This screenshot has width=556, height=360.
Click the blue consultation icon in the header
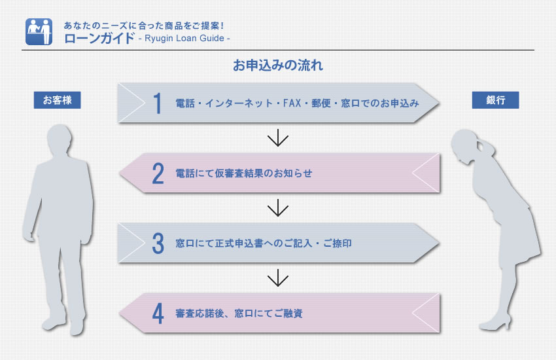39,32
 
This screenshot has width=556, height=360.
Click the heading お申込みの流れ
277,65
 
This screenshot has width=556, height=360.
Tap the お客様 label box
58,100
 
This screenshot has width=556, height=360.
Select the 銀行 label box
495,100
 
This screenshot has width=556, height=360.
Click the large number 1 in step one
158,103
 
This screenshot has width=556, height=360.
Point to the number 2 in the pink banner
158,173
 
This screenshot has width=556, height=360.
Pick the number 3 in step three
158,243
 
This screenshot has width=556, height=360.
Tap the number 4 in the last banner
158,314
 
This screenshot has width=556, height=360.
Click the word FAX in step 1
292,103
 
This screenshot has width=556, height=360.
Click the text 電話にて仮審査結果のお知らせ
244,173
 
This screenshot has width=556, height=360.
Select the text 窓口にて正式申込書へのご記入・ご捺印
264,243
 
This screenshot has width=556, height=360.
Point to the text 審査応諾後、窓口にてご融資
239,314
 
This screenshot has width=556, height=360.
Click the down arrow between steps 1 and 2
277,137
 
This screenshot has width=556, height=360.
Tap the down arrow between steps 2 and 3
277,207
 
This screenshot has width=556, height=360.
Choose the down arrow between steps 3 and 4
277,278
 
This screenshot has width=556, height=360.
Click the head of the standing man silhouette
60,139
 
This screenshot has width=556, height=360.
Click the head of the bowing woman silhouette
465,145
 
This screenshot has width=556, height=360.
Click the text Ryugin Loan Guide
184,39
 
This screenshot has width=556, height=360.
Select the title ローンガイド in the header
99,38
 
